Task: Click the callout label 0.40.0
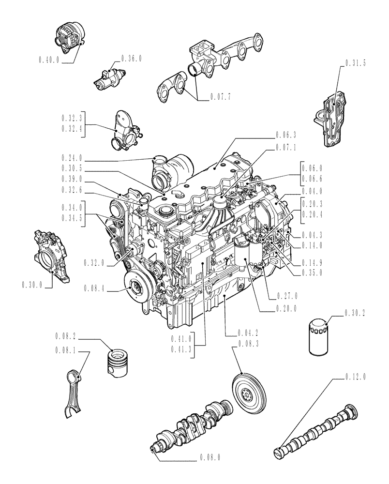[49, 60]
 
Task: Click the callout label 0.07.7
[221, 97]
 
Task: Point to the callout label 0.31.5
[356, 62]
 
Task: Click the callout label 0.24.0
[73, 158]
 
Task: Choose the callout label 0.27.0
[288, 296]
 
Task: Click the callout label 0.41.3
[181, 348]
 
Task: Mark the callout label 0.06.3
[286, 135]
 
